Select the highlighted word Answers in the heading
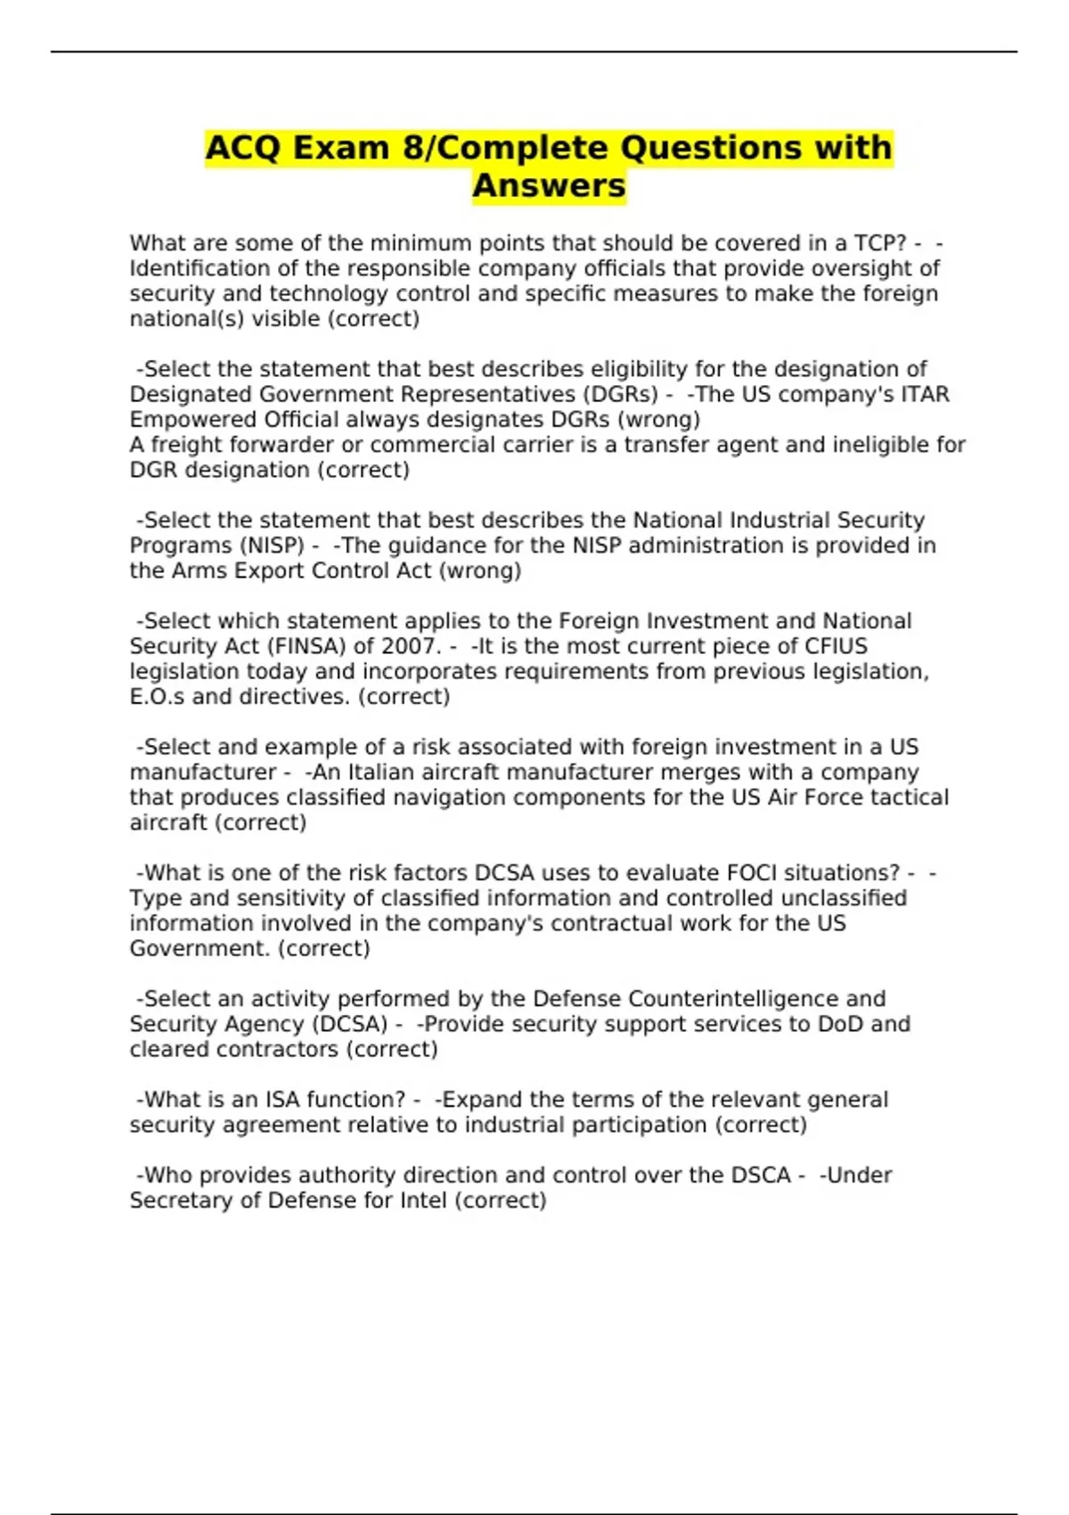549,186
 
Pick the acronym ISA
284,1099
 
